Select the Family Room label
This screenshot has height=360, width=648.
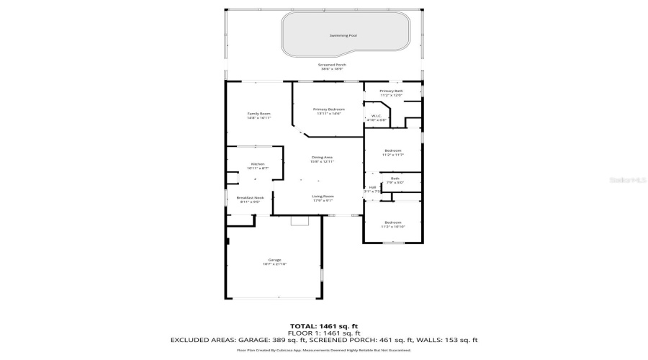click(258, 114)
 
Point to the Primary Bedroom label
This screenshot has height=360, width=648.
click(328, 109)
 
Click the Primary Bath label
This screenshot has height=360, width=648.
click(391, 91)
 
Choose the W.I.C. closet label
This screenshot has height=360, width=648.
click(376, 116)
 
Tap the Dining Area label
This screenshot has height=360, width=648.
click(322, 157)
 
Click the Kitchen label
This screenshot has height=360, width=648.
click(258, 164)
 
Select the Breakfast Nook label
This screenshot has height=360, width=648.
click(251, 198)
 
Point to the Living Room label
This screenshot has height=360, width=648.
click(323, 197)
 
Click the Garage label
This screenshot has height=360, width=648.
click(274, 260)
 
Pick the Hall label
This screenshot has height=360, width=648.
click(372, 188)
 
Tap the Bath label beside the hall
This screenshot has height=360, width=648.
click(395, 179)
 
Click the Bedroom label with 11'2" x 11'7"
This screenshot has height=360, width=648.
click(392, 150)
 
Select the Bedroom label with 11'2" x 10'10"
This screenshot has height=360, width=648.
click(392, 222)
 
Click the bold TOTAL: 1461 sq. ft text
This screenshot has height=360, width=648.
click(323, 326)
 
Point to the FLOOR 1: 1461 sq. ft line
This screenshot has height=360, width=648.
click(323, 333)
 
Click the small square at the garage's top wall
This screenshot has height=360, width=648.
click(299, 222)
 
